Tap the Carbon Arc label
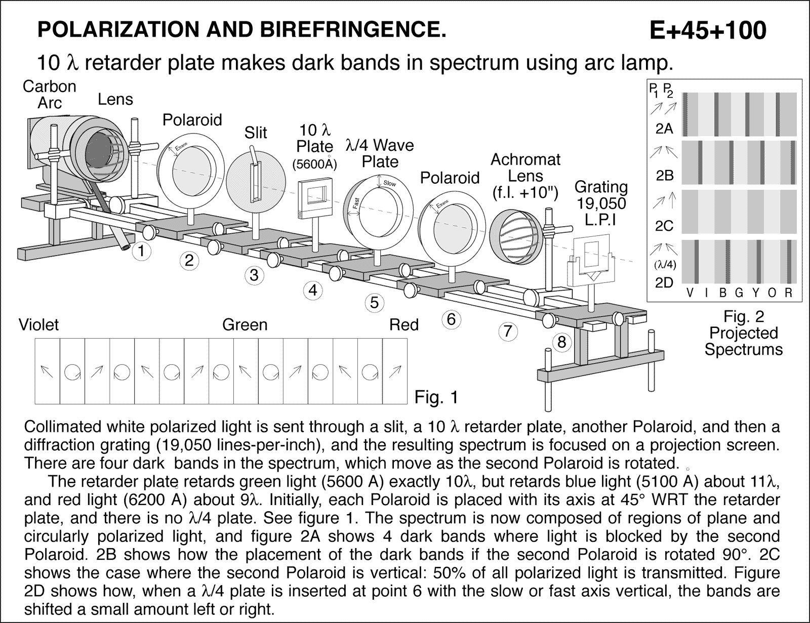(49, 95)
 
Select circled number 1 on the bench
(142, 251)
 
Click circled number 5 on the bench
(374, 303)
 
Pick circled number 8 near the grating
(561, 342)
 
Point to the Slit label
(255, 133)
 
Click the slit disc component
(252, 174)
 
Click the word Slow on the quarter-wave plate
(389, 183)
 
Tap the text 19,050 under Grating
(600, 204)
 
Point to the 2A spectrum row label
(664, 129)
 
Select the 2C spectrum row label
(664, 226)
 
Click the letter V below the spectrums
(689, 293)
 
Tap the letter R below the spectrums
(788, 293)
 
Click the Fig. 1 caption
(436, 397)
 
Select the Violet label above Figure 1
(38, 324)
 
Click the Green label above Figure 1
(245, 324)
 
